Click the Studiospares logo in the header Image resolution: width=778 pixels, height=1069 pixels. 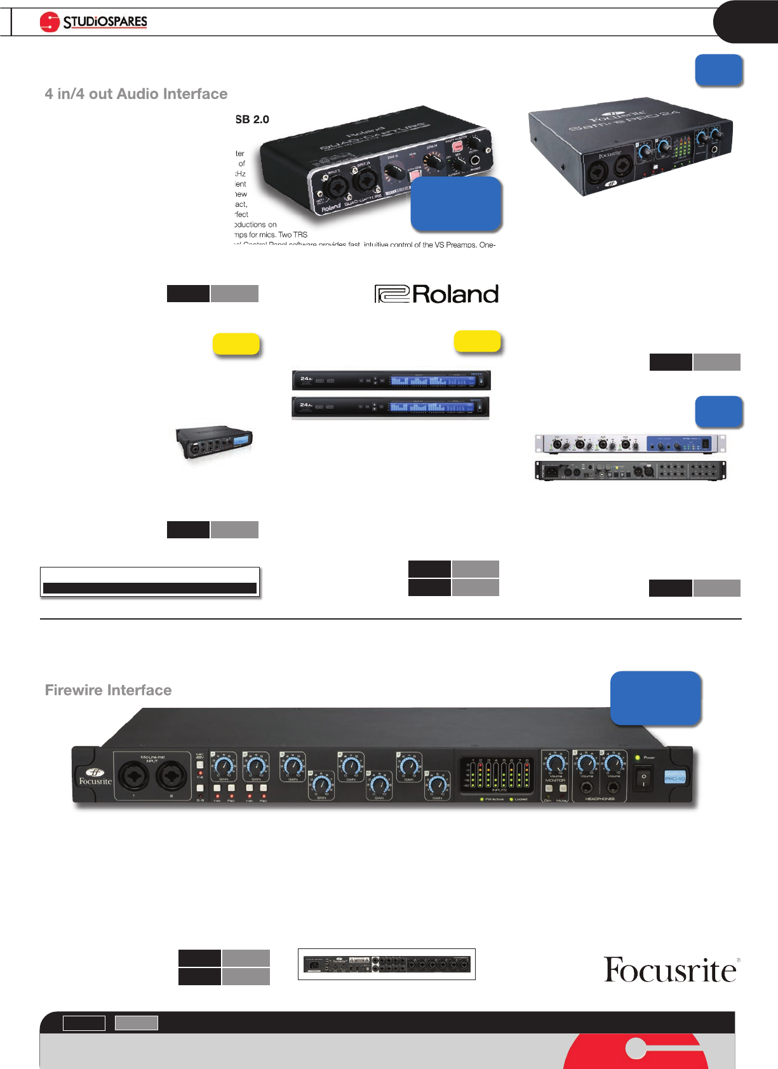point(93,22)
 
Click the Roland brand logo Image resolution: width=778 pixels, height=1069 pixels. point(436,294)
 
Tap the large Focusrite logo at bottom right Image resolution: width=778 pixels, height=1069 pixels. point(671,970)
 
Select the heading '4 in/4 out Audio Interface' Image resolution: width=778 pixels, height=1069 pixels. point(136,94)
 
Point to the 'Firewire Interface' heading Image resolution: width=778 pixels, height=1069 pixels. point(108,690)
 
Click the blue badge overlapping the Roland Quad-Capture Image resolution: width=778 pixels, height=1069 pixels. point(456,203)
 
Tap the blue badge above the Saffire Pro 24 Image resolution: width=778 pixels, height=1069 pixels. point(718,70)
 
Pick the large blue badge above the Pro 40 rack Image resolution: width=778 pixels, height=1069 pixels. point(655,698)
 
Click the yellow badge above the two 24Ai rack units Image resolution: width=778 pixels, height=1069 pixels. point(477,341)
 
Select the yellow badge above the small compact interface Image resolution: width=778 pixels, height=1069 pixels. point(236,343)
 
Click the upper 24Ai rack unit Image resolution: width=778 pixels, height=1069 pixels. point(391,380)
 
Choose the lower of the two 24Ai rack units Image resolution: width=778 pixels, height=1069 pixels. point(391,406)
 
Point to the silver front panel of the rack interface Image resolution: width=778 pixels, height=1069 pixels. point(630,444)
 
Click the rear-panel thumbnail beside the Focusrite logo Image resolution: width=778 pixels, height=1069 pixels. point(386,964)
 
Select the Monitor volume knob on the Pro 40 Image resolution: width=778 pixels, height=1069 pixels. point(556,764)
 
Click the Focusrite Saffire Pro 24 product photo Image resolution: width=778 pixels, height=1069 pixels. point(630,146)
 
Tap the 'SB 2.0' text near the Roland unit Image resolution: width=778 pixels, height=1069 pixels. point(252,119)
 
